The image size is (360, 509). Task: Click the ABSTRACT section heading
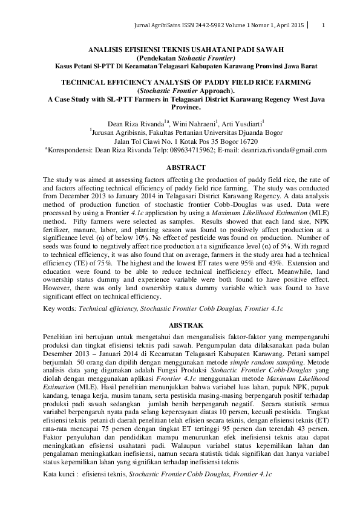point(180,167)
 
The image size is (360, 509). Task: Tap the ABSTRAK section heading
point(180,324)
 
